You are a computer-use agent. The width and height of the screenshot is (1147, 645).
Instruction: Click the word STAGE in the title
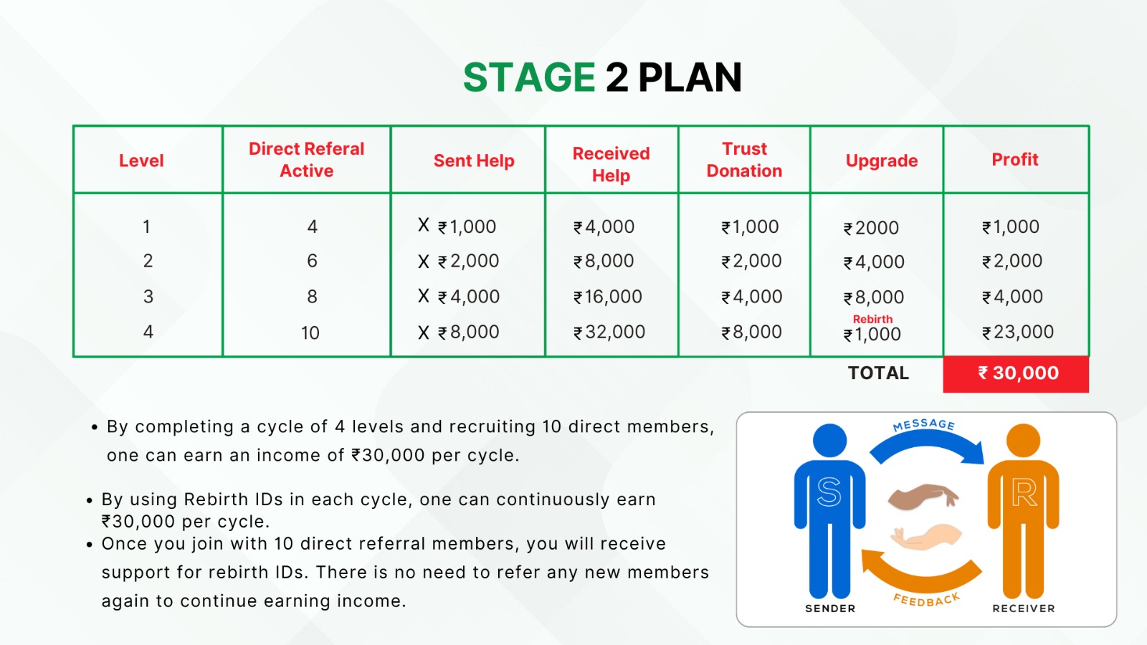[529, 77]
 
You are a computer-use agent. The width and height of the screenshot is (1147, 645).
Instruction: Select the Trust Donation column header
[744, 160]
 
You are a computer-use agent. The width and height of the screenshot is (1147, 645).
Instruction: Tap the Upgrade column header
[881, 161]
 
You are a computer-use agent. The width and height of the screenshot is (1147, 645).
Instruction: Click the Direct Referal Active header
[306, 160]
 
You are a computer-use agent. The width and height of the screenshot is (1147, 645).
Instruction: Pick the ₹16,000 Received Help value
[608, 297]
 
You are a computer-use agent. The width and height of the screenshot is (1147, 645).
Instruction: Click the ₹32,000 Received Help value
[609, 333]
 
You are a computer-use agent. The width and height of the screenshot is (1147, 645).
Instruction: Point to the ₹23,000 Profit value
[1018, 333]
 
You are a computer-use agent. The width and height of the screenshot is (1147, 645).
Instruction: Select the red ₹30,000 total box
[1016, 373]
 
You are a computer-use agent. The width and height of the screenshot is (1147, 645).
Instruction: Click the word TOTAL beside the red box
[878, 373]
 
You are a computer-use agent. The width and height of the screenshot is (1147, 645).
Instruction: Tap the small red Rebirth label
[872, 319]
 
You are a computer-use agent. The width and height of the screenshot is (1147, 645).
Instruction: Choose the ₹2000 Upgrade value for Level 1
[871, 228]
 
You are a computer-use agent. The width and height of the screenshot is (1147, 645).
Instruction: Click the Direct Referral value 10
[310, 333]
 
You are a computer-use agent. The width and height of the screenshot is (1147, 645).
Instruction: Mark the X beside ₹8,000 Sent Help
[424, 333]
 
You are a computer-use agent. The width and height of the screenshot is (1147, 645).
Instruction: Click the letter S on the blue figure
[829, 492]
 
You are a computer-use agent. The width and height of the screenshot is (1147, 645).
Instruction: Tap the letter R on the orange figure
[1024, 493]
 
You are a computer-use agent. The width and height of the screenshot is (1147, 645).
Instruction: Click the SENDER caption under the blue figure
[830, 608]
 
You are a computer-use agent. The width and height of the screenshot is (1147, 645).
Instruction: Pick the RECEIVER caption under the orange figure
[1024, 608]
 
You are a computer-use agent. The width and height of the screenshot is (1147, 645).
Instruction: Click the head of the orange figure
[1023, 440]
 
